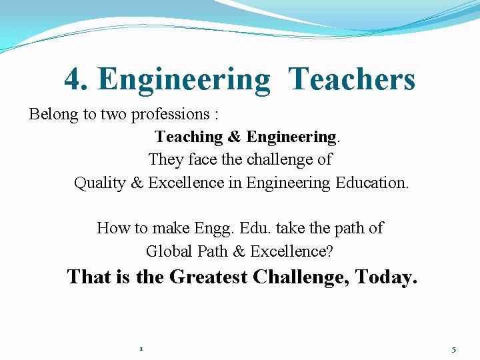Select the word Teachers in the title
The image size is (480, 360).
tap(353, 79)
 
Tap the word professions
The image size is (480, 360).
tap(171, 114)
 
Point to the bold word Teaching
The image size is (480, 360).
tap(189, 137)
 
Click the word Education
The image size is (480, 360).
tap(371, 183)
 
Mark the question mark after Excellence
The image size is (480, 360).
tap(330, 251)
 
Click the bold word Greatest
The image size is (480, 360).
tap(208, 277)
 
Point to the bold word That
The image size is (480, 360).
tap(89, 277)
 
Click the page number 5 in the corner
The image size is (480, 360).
tap(454, 349)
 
